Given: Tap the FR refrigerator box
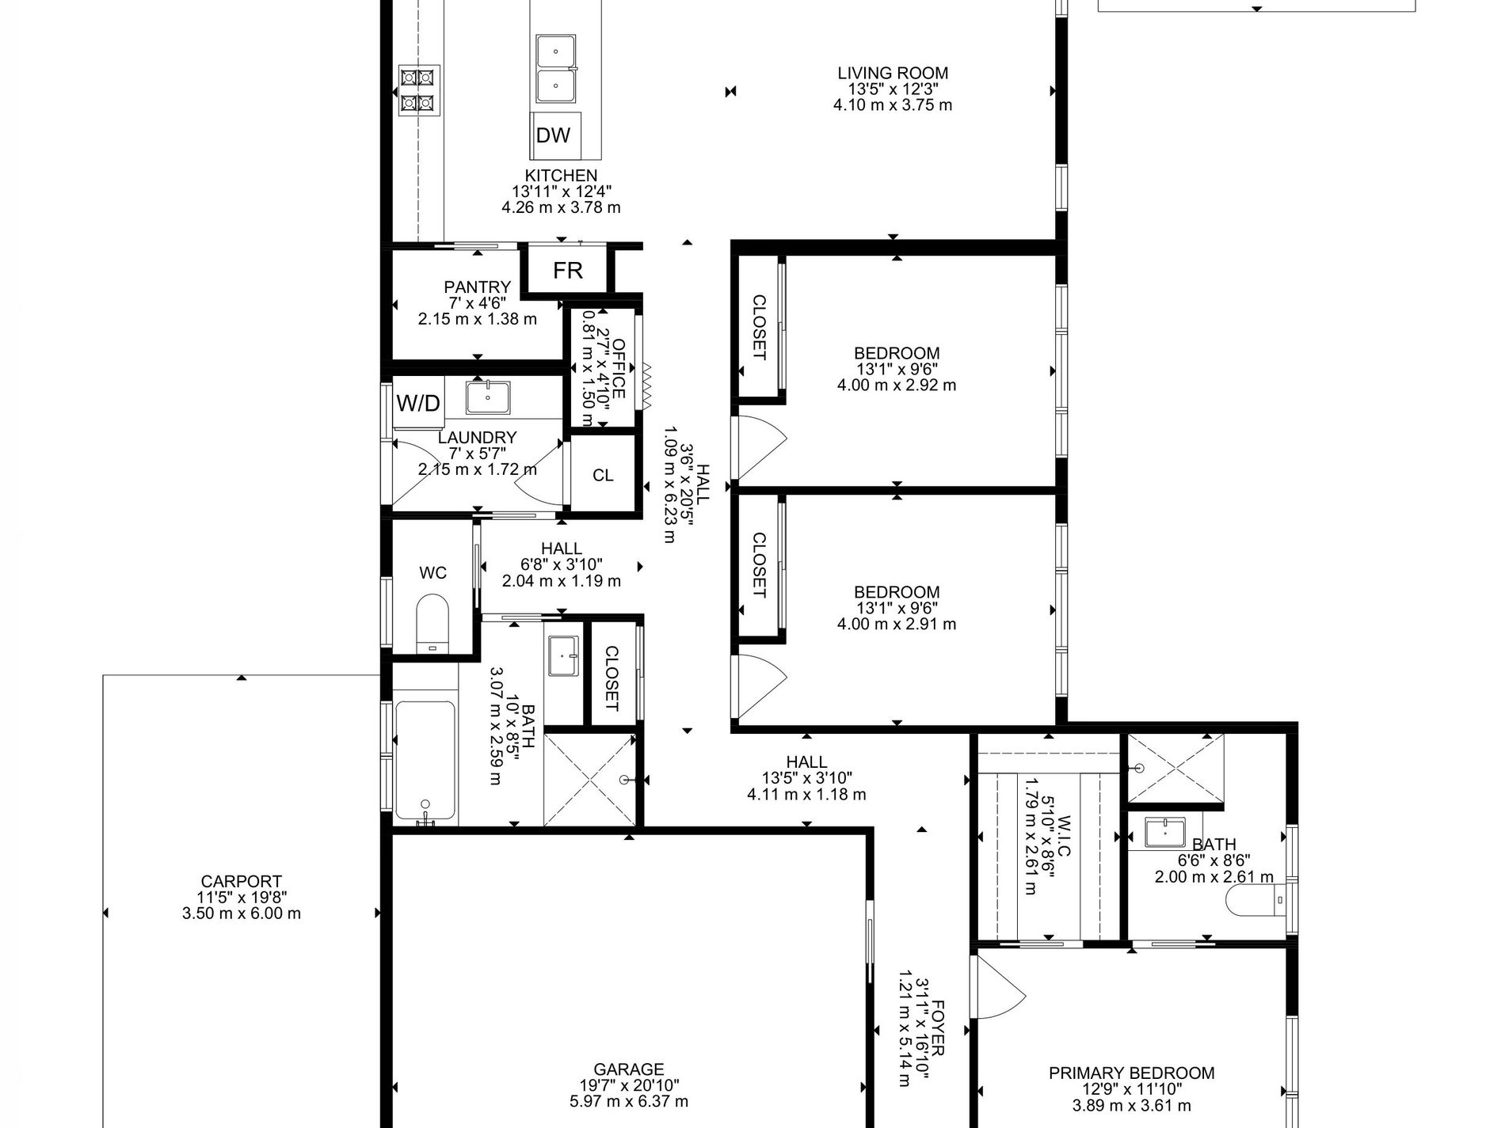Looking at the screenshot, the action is (568, 271).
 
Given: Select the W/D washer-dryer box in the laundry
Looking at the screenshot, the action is (418, 404).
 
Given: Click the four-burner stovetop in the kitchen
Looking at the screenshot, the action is (417, 89).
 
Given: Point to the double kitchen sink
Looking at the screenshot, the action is (556, 69).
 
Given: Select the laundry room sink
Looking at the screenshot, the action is (488, 397).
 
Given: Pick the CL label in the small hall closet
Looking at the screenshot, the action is (603, 475).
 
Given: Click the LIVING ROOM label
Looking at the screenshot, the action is (893, 73).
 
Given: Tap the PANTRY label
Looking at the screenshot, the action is (477, 287).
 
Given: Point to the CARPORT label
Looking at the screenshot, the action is (242, 881).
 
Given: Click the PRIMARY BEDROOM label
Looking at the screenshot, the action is (1131, 1073).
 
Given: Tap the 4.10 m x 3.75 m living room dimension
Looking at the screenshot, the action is (893, 104).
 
